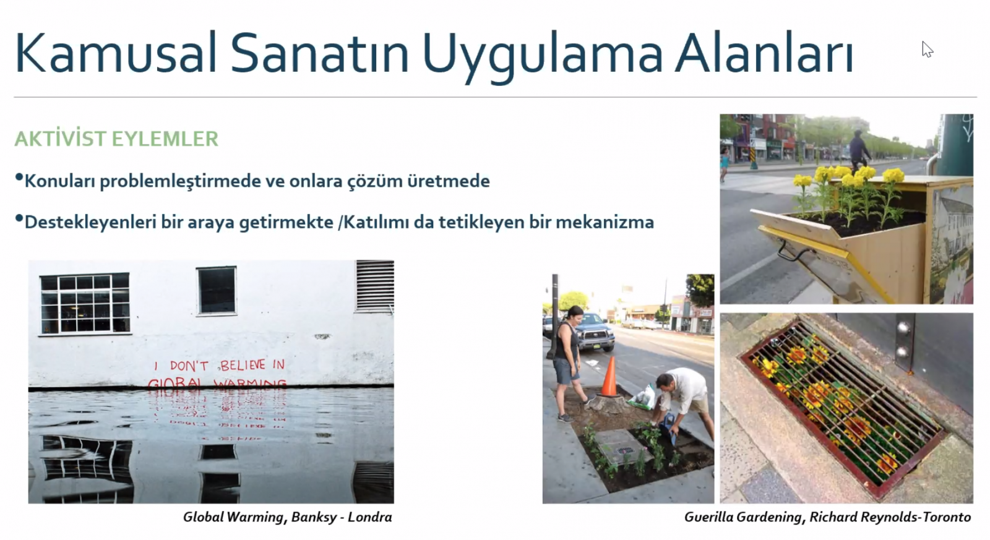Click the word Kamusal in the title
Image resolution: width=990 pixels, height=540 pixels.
pyautogui.click(x=116, y=53)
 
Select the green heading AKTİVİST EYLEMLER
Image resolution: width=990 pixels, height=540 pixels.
pyautogui.click(x=116, y=139)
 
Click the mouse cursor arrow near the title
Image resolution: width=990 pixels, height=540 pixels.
pyautogui.click(x=927, y=49)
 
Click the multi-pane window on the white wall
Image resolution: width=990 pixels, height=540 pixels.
pyautogui.click(x=85, y=304)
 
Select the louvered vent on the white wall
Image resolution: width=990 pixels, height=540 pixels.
pyautogui.click(x=375, y=286)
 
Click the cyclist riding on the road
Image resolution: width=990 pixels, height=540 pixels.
pyautogui.click(x=859, y=151)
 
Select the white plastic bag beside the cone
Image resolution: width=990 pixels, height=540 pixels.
pyautogui.click(x=642, y=397)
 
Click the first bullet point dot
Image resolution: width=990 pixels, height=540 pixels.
pyautogui.click(x=19, y=177)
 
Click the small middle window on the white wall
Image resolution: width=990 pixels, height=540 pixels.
pyautogui.click(x=217, y=290)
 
